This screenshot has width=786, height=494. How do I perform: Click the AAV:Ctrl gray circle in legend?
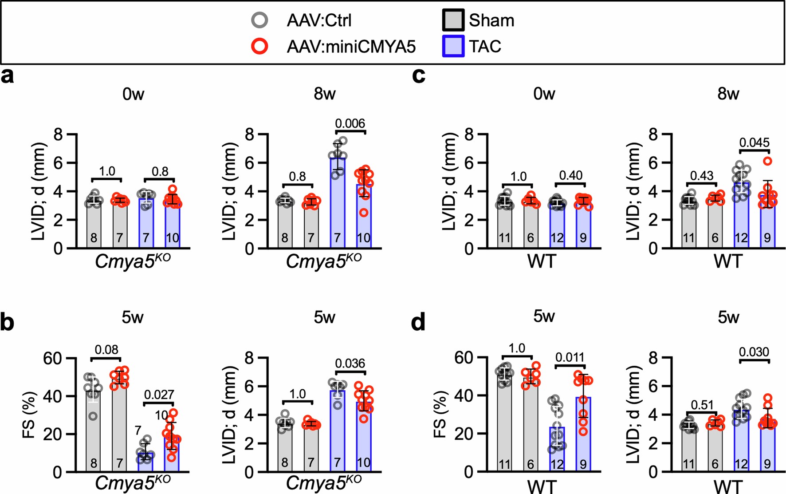click(x=259, y=20)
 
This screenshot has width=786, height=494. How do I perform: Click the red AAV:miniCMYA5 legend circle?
click(x=259, y=46)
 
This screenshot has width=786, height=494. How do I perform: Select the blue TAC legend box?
click(x=453, y=46)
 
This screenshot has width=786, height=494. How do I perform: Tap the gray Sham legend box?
click(x=453, y=20)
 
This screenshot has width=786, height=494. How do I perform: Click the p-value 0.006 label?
click(x=350, y=123)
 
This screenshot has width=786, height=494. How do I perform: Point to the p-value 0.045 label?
click(x=754, y=142)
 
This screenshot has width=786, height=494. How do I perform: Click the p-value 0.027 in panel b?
click(x=159, y=395)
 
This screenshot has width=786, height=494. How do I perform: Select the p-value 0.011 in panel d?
click(x=570, y=357)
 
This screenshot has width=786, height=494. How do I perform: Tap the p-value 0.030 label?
click(x=754, y=352)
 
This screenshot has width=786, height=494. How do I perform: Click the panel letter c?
click(x=418, y=76)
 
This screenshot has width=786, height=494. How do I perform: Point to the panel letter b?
click(x=8, y=323)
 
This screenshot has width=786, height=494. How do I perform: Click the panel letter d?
click(x=418, y=323)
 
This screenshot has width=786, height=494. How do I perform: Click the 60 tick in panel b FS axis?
click(x=53, y=358)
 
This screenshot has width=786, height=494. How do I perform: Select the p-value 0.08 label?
click(x=106, y=350)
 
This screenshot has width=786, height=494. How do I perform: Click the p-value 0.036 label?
click(x=350, y=364)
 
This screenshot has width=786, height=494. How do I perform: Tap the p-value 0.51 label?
click(x=702, y=405)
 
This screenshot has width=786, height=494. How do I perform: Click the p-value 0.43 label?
click(x=702, y=176)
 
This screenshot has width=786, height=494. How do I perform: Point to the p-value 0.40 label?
click(x=570, y=176)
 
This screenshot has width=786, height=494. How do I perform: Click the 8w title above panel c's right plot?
click(x=728, y=94)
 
